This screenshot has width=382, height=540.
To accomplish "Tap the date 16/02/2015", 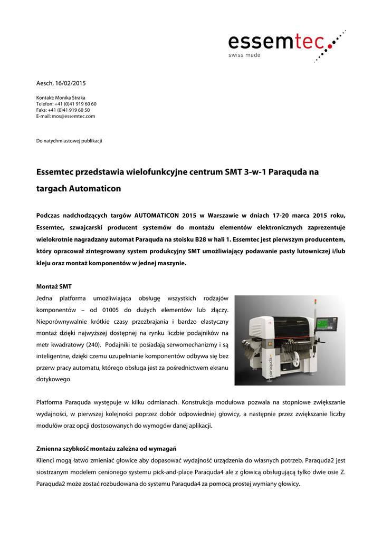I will click(70, 83).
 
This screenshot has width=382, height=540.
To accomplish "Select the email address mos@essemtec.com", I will click(73, 116).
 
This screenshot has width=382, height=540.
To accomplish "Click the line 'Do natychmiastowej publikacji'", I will click(69, 141).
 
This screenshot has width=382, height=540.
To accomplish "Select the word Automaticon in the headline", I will click(95, 188).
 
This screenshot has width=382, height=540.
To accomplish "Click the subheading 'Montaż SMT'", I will click(54, 286).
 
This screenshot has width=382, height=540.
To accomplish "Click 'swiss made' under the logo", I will click(244, 55).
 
